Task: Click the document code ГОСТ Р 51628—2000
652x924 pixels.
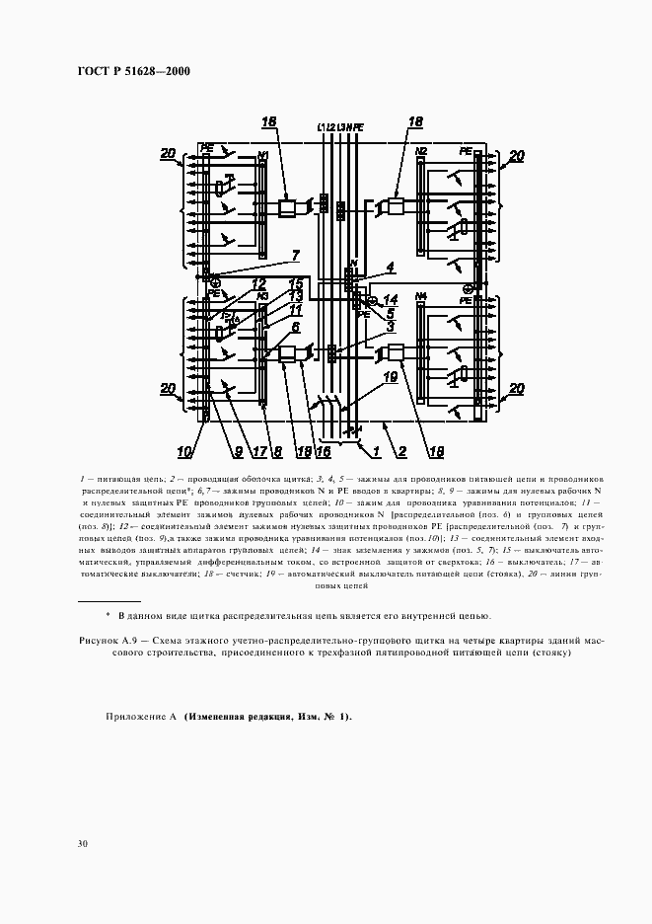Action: [x=133, y=71]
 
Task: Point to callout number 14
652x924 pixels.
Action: [x=393, y=299]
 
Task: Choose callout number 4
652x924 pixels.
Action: [x=391, y=267]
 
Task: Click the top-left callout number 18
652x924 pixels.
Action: [x=268, y=121]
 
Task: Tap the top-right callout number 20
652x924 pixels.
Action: [x=517, y=155]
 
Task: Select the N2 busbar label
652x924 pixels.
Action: [x=421, y=151]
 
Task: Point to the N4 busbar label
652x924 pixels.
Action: [x=421, y=294]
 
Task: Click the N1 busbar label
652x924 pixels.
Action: [x=262, y=155]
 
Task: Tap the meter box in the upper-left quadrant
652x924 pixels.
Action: [x=286, y=208]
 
